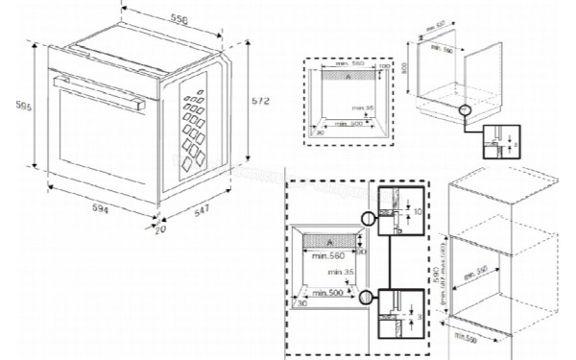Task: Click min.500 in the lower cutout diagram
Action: [x=328, y=291]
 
